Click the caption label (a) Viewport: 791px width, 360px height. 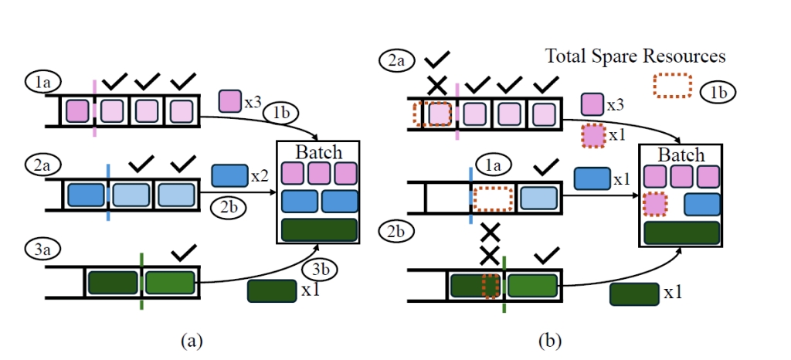click(x=191, y=340)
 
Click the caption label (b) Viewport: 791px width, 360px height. click(x=548, y=340)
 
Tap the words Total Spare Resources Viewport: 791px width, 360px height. click(x=635, y=56)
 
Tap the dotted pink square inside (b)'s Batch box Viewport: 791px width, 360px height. click(x=655, y=205)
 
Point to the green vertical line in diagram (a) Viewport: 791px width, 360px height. click(x=141, y=282)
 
